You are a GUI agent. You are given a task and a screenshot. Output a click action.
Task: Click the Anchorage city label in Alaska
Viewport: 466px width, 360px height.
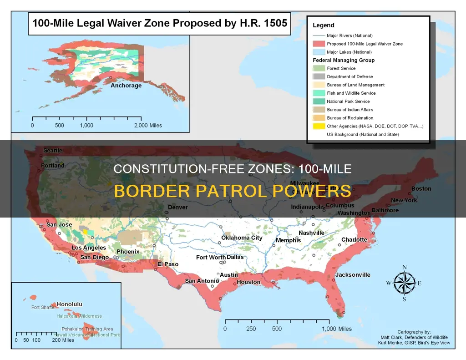126,86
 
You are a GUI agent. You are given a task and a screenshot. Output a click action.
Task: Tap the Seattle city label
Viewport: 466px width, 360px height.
53,151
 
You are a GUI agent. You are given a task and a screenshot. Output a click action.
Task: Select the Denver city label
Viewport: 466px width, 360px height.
177,207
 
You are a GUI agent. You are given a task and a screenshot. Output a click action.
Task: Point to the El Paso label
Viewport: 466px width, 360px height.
168,264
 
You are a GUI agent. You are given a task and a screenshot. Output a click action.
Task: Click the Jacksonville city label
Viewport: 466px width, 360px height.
353,275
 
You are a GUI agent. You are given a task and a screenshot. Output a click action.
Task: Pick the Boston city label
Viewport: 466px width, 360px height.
421,188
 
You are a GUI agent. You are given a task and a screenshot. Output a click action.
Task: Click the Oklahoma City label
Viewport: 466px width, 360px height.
242,238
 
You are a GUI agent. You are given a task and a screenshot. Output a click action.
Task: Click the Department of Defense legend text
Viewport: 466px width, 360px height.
349,76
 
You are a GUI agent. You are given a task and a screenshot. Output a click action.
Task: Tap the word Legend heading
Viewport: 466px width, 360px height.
323,25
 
